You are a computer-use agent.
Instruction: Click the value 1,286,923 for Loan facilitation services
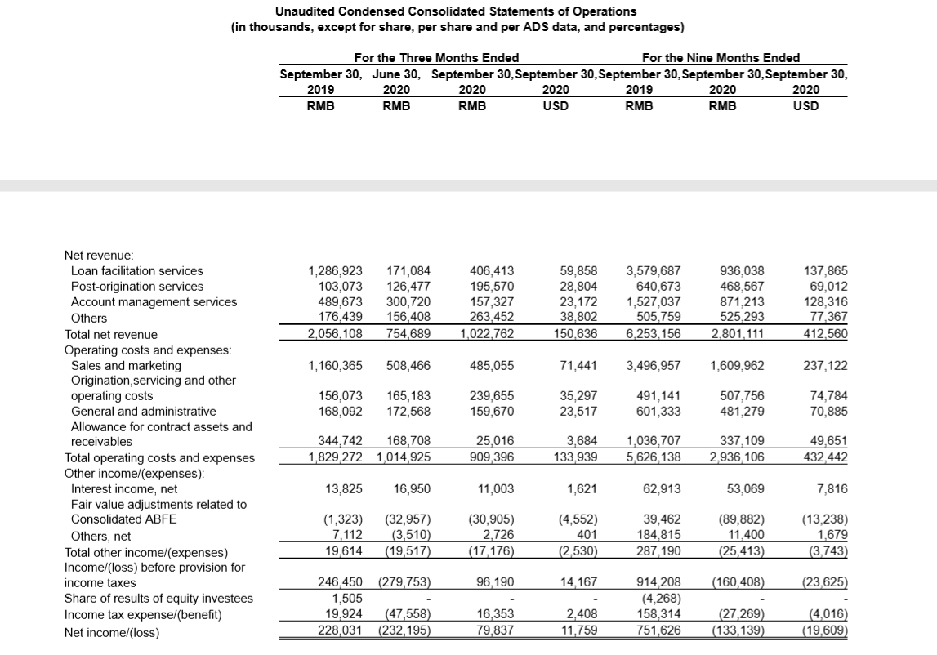click(335, 270)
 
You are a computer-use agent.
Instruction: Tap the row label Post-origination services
click(137, 286)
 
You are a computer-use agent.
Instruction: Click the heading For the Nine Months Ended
click(721, 57)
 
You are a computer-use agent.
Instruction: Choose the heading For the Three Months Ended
click(436, 57)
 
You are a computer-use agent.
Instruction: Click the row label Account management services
click(154, 302)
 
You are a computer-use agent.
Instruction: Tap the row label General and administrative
click(144, 411)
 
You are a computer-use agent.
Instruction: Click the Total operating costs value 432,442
click(826, 457)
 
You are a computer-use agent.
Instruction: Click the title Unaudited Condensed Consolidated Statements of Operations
click(456, 11)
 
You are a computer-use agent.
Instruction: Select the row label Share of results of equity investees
click(158, 599)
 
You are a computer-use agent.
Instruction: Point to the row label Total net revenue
click(111, 334)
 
